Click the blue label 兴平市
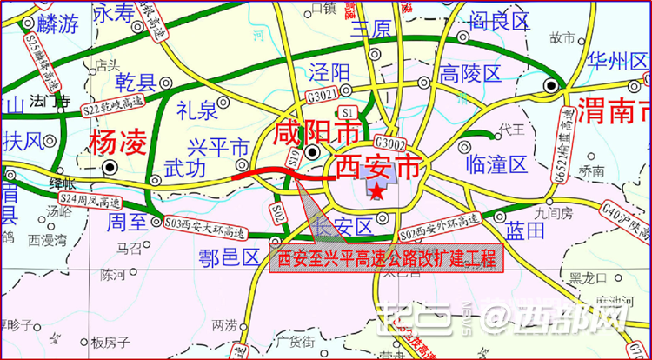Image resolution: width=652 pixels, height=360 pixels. click(219, 145)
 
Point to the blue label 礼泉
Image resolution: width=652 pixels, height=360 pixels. click(196, 110)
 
